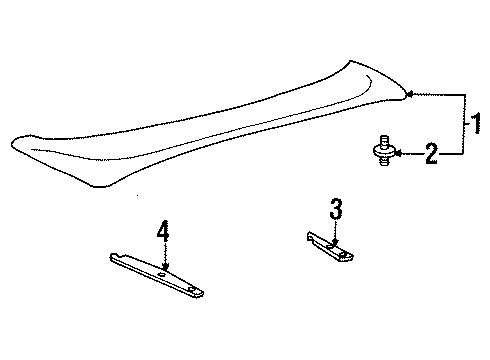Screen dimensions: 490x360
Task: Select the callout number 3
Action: click(x=336, y=210)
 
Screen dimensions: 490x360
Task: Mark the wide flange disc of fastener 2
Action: click(x=383, y=153)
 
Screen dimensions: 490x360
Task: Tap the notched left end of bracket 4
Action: click(x=113, y=256)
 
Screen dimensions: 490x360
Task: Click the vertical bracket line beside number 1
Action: click(x=463, y=124)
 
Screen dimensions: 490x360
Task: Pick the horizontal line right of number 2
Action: click(x=451, y=154)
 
